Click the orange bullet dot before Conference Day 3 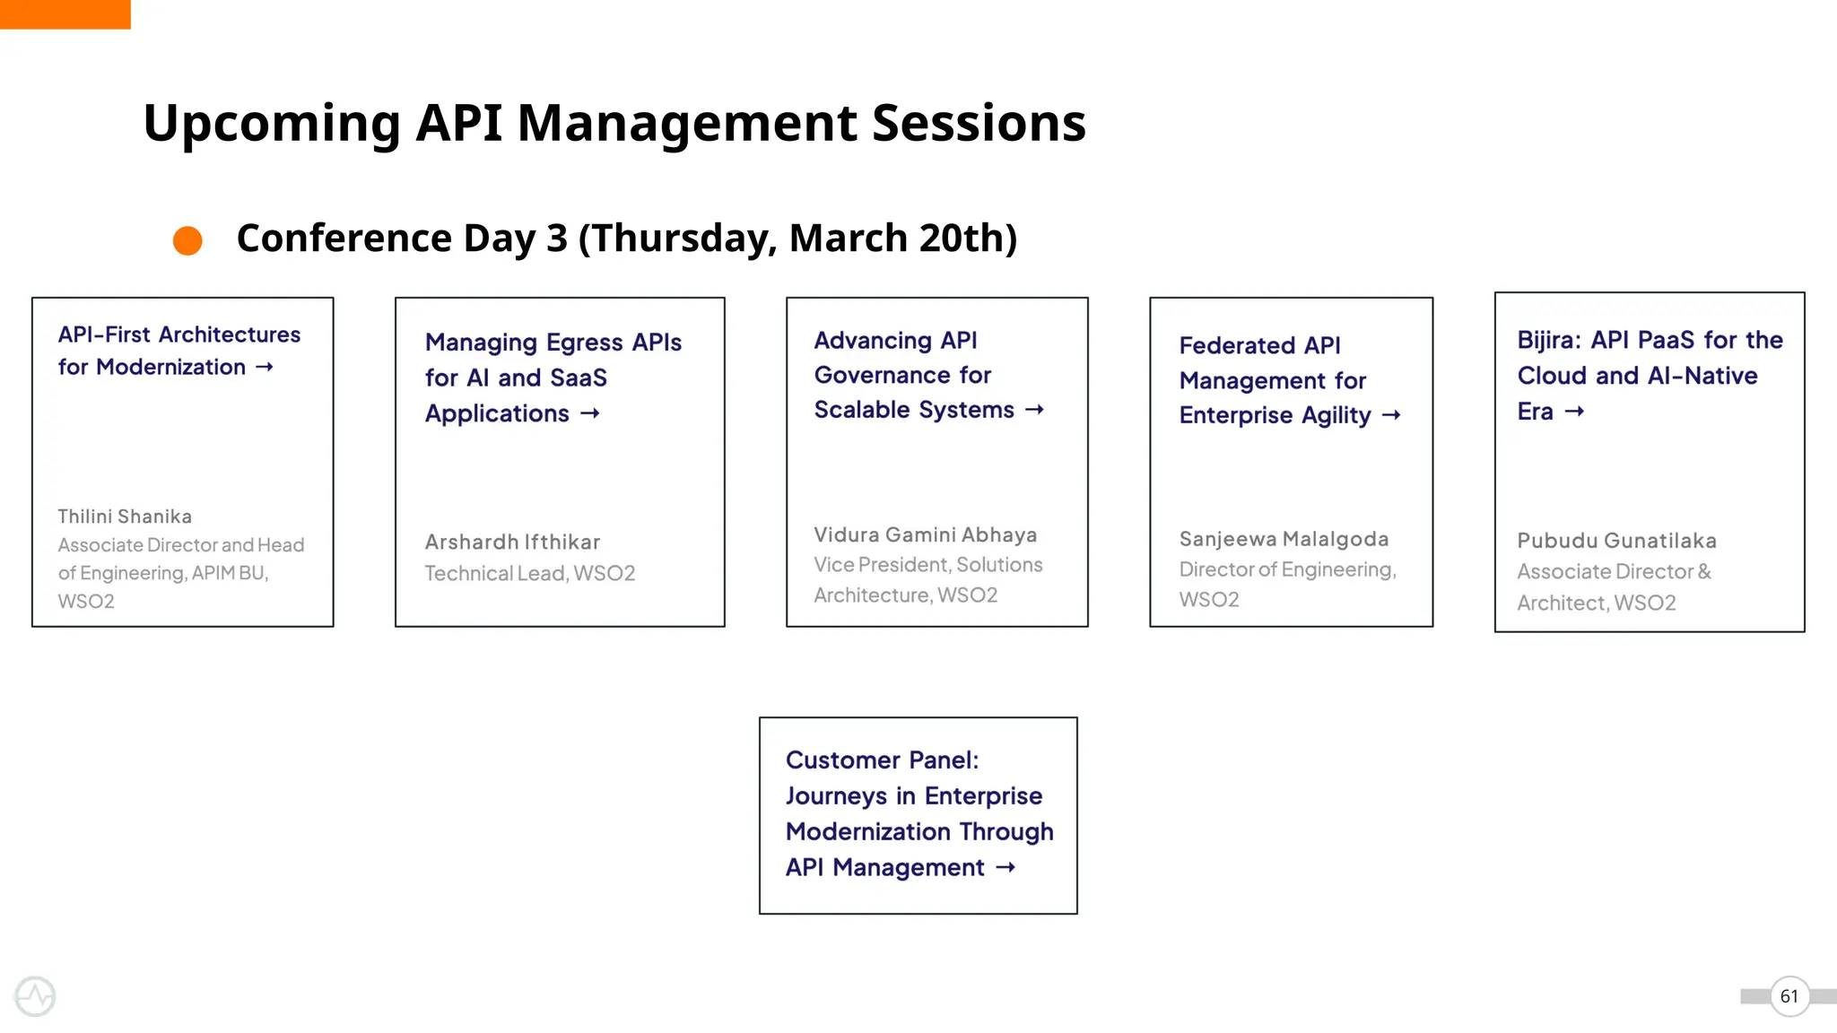pos(187,240)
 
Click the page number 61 pos(1789,996)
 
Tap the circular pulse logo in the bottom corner pos(35,996)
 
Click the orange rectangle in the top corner pos(65,14)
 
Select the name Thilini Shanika pos(125,516)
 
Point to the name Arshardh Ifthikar pos(512,543)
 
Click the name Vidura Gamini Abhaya pos(925,535)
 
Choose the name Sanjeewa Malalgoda pos(1284,539)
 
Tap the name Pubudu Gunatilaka pos(1616,541)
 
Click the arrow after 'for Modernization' pos(265,367)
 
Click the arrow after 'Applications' pos(590,413)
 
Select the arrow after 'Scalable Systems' pos(1035,410)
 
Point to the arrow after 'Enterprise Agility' pos(1391,415)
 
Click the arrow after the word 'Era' pos(1574,412)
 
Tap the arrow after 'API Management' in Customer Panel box pos(1006,867)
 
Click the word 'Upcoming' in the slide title pos(272,123)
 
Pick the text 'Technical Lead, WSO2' pos(529,574)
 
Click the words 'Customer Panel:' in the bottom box pos(882,760)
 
